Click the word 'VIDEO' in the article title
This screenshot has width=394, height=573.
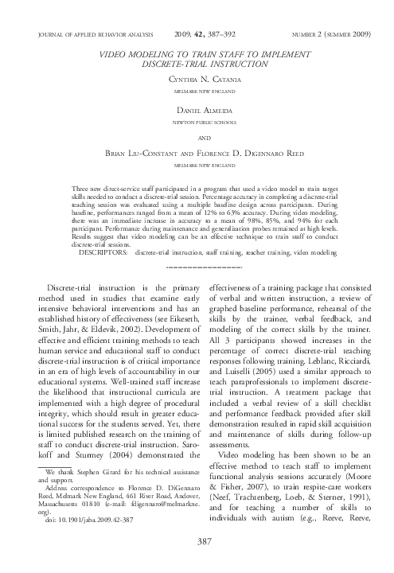(x=113, y=50)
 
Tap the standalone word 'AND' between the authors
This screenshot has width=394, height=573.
(x=197, y=137)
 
